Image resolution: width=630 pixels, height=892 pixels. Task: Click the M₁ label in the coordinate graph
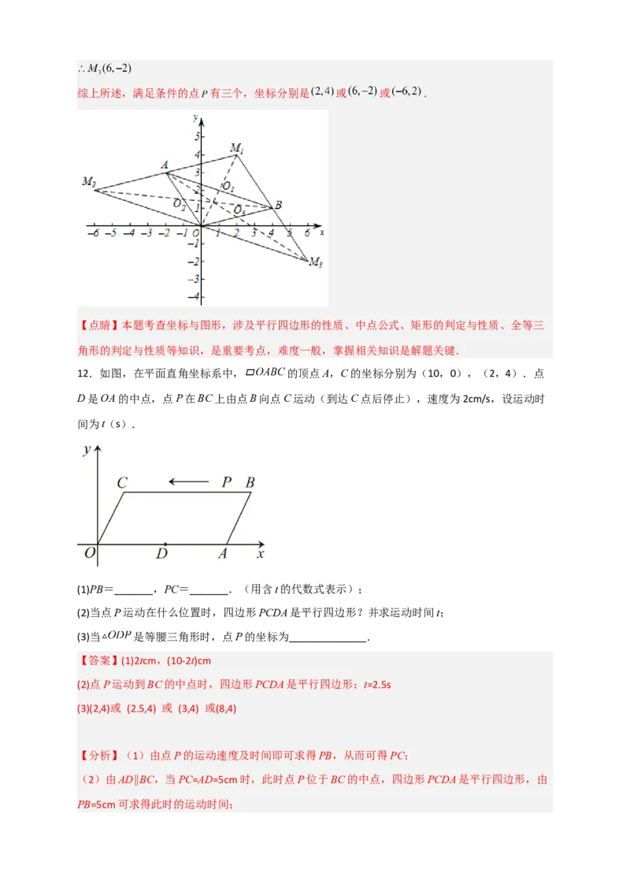click(x=237, y=148)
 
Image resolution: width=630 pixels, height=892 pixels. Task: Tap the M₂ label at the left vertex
click(x=88, y=182)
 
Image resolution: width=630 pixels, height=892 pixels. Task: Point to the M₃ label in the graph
click(x=315, y=263)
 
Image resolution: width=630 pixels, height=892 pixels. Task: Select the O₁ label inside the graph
click(x=228, y=186)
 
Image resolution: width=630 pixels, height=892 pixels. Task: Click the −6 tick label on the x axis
click(x=93, y=234)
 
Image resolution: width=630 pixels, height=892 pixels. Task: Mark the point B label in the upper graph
click(x=278, y=205)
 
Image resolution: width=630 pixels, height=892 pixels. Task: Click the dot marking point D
click(x=165, y=544)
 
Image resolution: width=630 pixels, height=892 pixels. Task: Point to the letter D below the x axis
click(x=161, y=555)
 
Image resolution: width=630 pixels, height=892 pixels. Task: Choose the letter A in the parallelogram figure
click(x=223, y=555)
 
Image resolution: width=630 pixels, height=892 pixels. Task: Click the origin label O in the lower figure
click(x=89, y=554)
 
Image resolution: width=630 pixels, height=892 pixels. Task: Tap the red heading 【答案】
click(x=98, y=661)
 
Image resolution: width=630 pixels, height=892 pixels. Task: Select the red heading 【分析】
click(x=98, y=756)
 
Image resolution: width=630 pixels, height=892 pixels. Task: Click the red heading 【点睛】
click(x=98, y=326)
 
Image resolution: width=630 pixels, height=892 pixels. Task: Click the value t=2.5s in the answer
click(x=377, y=685)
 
